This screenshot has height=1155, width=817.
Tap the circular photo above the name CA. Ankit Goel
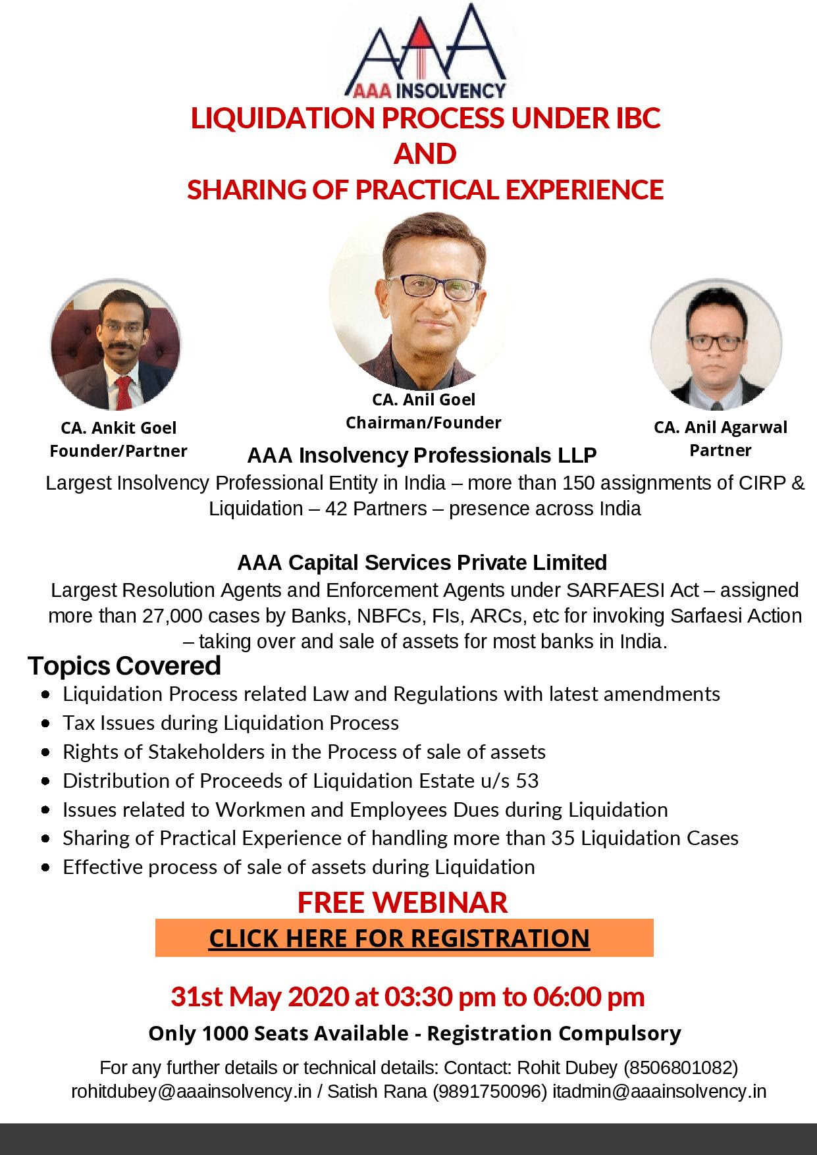coord(115,344)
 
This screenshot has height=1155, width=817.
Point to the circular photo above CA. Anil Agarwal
coord(716,344)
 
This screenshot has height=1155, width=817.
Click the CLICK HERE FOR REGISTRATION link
coord(400,938)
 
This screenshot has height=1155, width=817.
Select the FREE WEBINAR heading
coord(402,902)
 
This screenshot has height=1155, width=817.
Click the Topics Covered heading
coord(124,666)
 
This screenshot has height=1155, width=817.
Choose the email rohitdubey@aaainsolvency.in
coord(191,1092)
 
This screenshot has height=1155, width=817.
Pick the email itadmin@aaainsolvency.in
coord(659,1092)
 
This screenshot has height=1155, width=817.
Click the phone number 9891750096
coord(489,1092)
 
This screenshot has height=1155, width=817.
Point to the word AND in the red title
coord(425,154)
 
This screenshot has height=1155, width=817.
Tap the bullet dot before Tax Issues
coord(45,723)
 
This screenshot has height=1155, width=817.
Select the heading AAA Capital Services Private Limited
coord(422,563)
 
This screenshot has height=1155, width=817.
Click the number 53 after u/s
coord(527,781)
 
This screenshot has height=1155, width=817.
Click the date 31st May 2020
coord(259,997)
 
